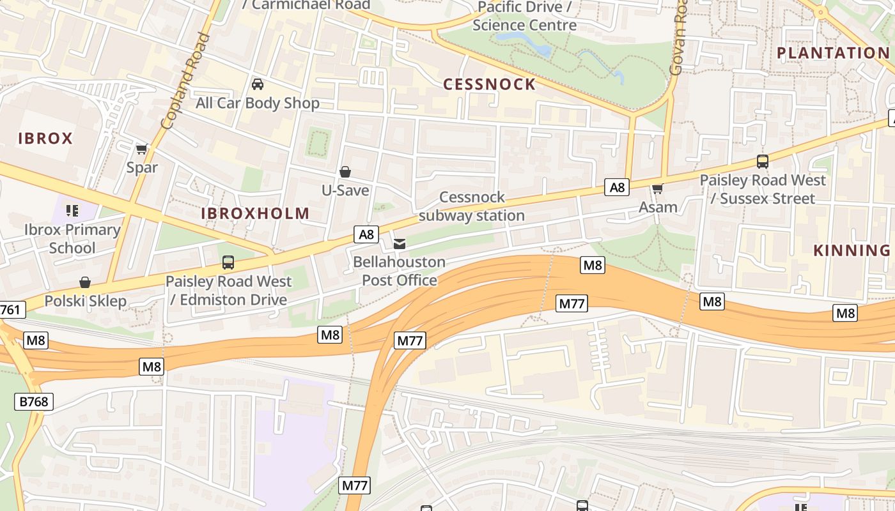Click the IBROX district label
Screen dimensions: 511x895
tap(45, 138)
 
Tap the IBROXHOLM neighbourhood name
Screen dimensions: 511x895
tap(255, 213)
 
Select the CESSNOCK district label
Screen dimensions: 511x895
tap(489, 84)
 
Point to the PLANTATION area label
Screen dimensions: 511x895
tap(832, 53)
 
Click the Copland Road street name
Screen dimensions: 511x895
tap(186, 80)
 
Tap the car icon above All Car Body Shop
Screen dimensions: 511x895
tap(258, 84)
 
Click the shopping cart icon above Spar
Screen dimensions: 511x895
tap(142, 149)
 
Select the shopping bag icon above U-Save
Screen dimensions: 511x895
tap(345, 172)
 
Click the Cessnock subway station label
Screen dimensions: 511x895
tap(472, 206)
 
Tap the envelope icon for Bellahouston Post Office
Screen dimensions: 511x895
tap(400, 243)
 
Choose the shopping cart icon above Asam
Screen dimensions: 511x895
tap(658, 188)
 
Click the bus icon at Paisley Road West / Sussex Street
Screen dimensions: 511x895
tap(762, 161)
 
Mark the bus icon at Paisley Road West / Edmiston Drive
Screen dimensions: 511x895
tap(228, 262)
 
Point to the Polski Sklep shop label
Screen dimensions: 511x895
tap(85, 301)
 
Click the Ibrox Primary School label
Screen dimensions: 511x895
tap(72, 238)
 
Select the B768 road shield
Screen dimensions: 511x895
tap(34, 402)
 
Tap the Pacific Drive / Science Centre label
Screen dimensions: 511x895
tap(524, 16)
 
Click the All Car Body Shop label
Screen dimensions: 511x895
tap(258, 103)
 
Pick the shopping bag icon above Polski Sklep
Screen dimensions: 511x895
tap(85, 282)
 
